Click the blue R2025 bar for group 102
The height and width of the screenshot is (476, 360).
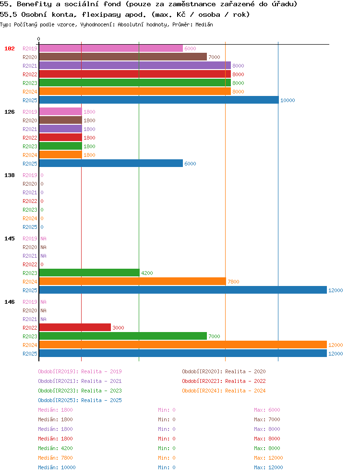click(x=159, y=100)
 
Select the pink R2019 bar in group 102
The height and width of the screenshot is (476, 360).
click(x=111, y=48)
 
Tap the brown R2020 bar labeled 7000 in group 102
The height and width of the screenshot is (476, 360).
click(x=123, y=57)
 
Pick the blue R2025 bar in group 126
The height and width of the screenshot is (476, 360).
click(x=111, y=163)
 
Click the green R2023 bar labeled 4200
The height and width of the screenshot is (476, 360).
click(x=89, y=273)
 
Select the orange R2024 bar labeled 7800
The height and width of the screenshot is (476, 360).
click(x=132, y=281)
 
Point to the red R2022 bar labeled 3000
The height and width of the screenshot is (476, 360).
click(x=75, y=328)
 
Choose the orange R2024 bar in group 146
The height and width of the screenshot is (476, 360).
click(x=183, y=345)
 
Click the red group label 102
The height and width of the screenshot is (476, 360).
click(x=10, y=48)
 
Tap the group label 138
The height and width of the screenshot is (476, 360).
click(x=10, y=175)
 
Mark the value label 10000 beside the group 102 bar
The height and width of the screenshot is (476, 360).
click(x=288, y=100)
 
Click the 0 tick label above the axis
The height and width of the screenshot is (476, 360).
click(x=38, y=39)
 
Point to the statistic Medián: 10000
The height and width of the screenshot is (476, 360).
click(x=57, y=467)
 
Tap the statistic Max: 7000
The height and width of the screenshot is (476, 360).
click(x=267, y=419)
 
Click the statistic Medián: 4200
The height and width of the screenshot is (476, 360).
click(x=55, y=448)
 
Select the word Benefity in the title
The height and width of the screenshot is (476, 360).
click(x=35, y=4)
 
